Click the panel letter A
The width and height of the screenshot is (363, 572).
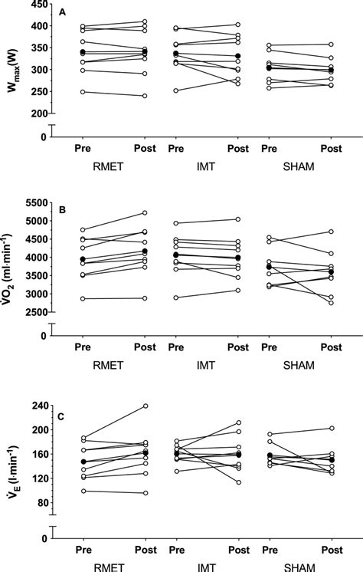62,12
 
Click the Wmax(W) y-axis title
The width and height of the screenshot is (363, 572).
11,67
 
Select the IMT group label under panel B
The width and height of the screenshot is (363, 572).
201,364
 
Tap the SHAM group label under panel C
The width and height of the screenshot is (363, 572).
299,566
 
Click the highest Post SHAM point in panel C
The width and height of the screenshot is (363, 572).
331,428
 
